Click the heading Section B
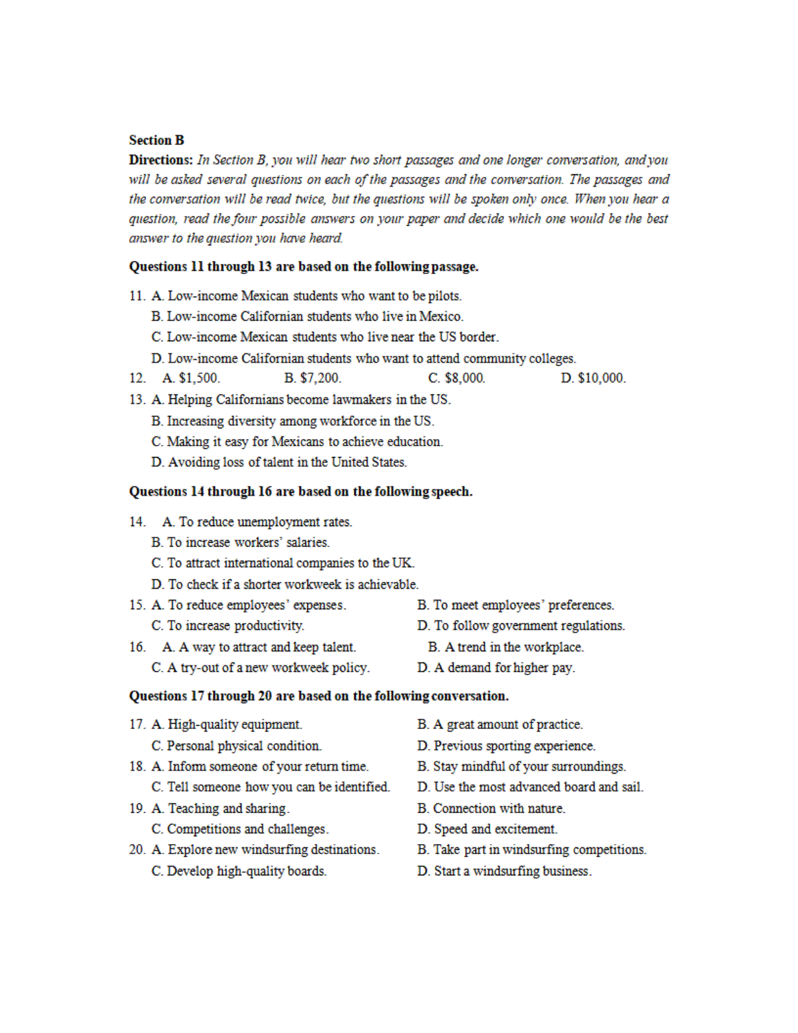pyautogui.click(x=156, y=140)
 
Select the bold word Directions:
pyautogui.click(x=161, y=160)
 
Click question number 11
pyautogui.click(x=136, y=296)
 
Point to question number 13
pyautogui.click(x=136, y=400)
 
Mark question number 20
pyautogui.click(x=137, y=850)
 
